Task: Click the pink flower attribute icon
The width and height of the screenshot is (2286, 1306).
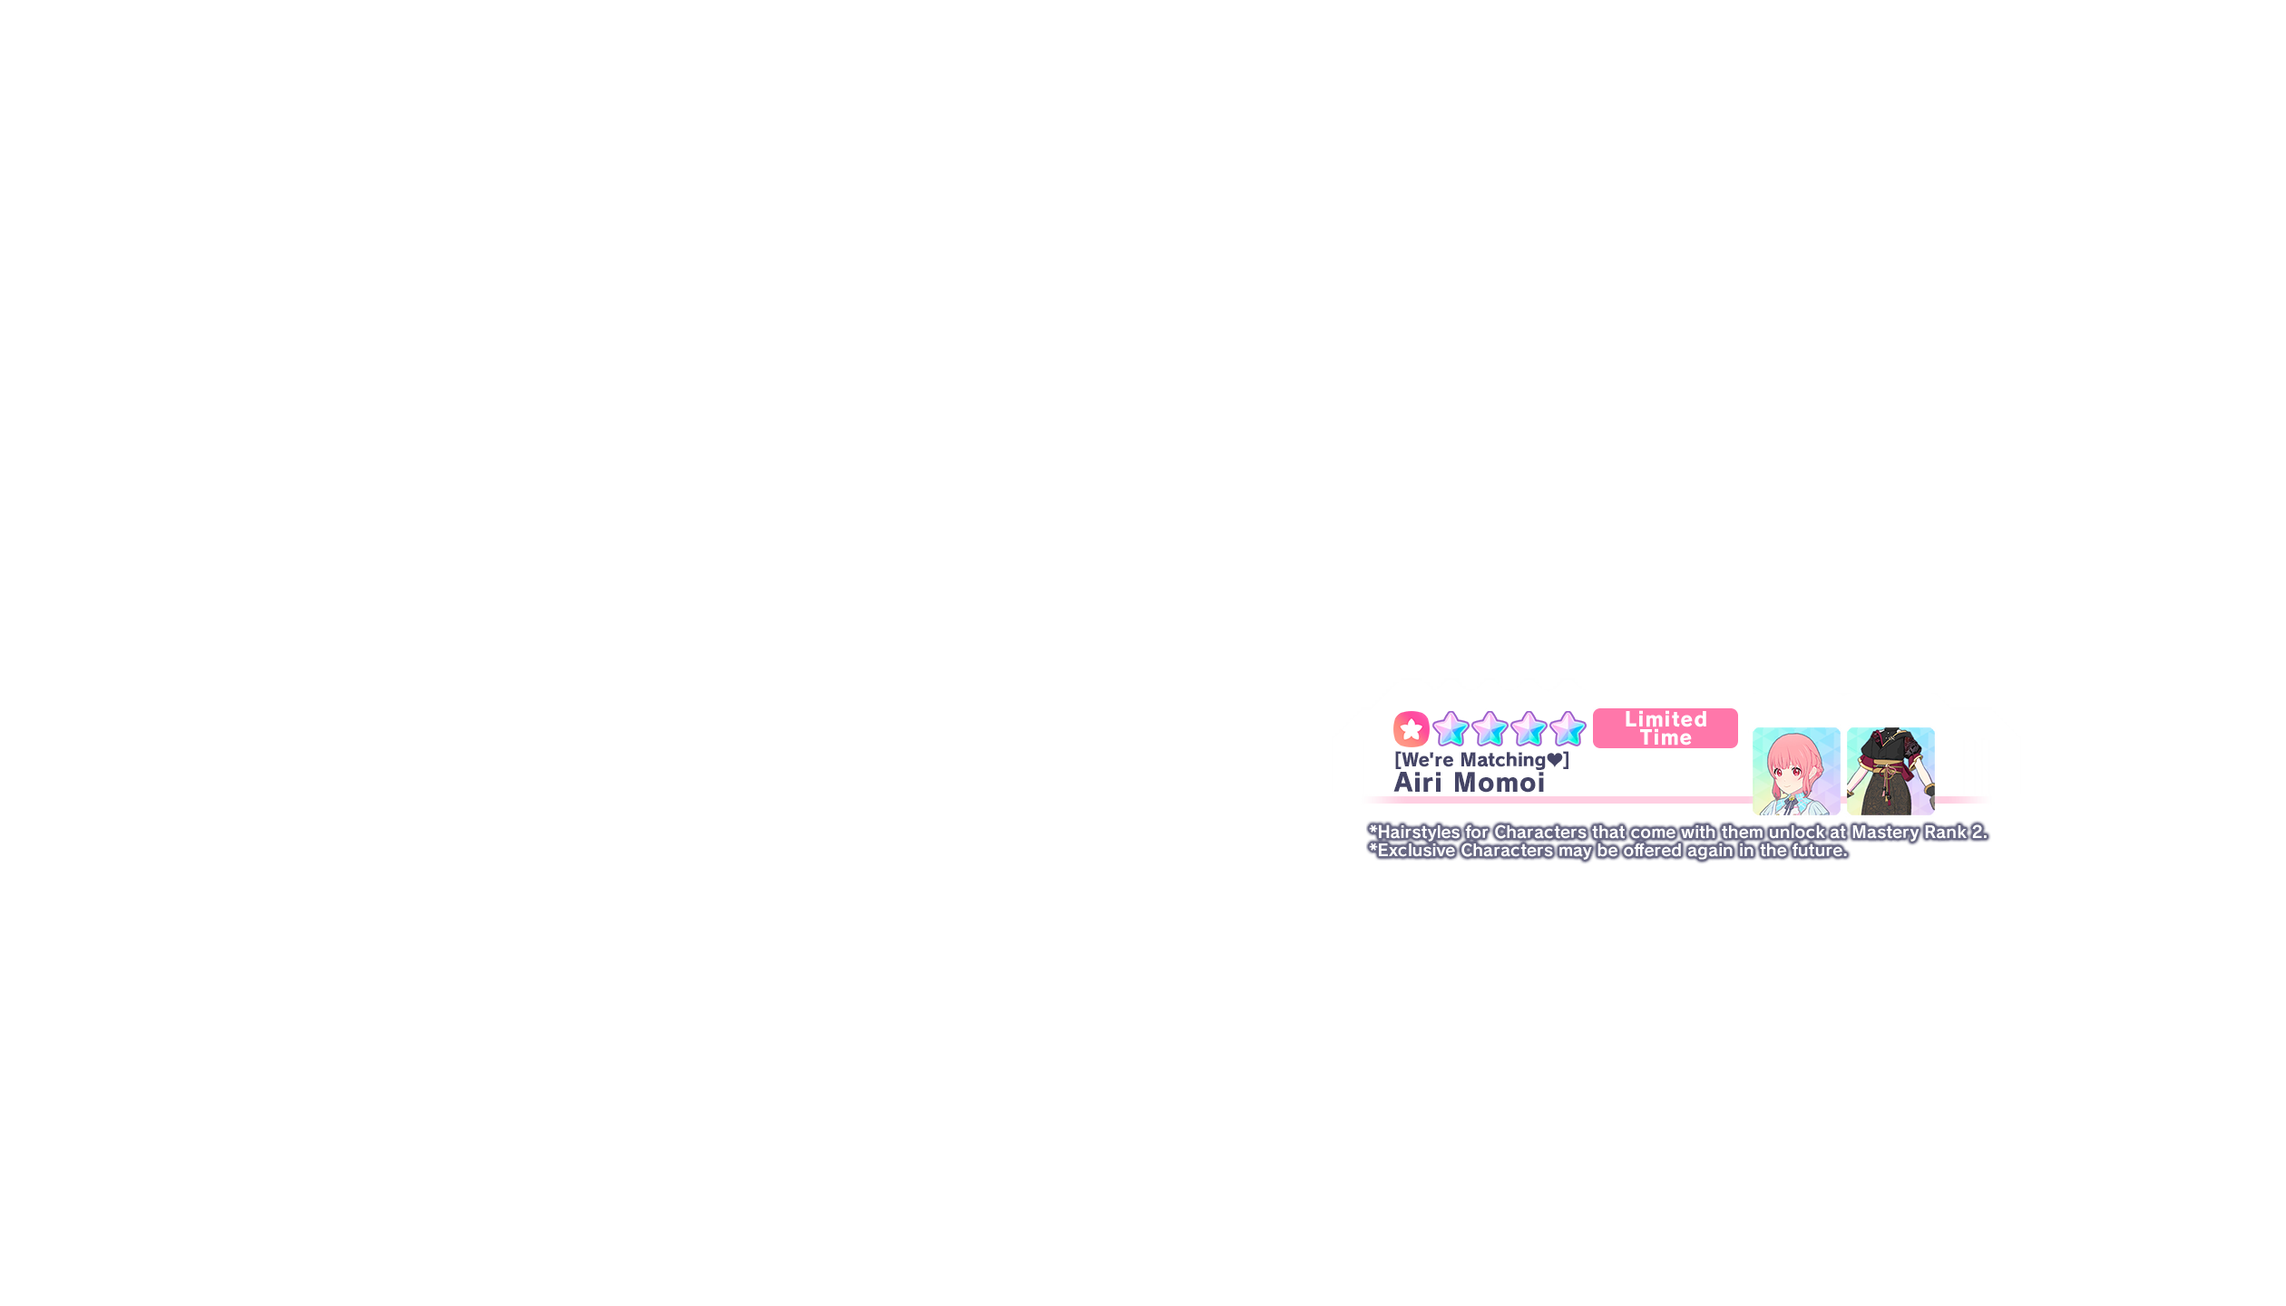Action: [x=1411, y=729]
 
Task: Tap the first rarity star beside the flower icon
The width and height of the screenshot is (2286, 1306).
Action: [x=1451, y=729]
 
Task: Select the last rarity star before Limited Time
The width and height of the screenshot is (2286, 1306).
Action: [x=1568, y=729]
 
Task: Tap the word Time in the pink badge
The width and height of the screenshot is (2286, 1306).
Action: [x=1666, y=738]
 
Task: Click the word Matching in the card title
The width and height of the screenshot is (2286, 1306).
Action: [x=1502, y=760]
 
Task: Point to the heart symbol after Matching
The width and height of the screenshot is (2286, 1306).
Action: [x=1555, y=760]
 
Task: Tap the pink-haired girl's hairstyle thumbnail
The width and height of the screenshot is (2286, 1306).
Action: [x=1796, y=771]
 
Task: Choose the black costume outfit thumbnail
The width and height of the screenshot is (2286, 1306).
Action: [x=1890, y=771]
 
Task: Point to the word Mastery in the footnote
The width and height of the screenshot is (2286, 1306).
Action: [x=1885, y=833]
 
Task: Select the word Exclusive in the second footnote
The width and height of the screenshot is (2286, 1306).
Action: [x=1416, y=851]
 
